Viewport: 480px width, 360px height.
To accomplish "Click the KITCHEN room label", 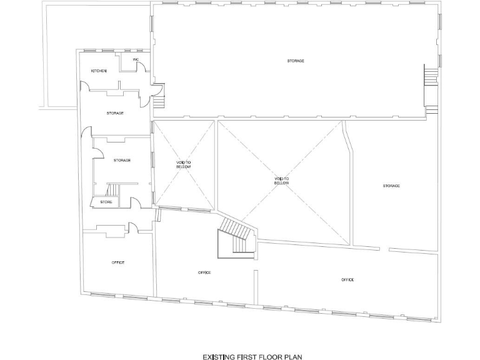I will point(99,71).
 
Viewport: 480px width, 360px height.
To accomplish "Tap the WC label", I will point(135,59).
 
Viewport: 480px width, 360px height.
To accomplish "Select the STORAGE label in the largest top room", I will point(296,61).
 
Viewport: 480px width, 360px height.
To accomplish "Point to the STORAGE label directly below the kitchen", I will point(115,113).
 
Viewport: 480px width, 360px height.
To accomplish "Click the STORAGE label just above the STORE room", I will point(122,161).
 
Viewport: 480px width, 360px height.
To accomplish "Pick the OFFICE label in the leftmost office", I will point(118,262).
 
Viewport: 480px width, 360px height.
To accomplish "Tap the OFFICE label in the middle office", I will point(204,272).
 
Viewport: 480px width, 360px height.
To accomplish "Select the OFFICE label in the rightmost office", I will point(348,279).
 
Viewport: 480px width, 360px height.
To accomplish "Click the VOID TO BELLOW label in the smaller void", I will point(184,165).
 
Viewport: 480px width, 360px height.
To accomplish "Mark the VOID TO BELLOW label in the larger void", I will point(282,181).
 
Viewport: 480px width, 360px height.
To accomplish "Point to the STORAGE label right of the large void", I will point(391,186).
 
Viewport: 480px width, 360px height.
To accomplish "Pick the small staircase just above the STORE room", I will point(113,189).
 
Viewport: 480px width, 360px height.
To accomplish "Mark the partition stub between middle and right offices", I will point(255,282).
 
